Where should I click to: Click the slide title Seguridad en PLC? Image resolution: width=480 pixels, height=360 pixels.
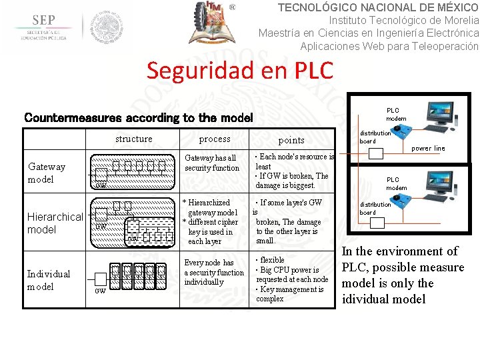[x=239, y=70]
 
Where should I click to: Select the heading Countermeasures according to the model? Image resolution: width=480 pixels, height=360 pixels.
[x=139, y=118]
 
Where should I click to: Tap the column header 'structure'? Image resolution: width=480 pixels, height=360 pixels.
[x=133, y=139]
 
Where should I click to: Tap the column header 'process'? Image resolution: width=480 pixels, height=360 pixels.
[x=215, y=139]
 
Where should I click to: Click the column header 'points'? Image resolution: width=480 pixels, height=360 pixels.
[x=291, y=140]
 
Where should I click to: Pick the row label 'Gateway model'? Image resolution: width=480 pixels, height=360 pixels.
[x=47, y=173]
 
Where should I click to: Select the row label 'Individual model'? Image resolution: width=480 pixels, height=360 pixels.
[x=48, y=280]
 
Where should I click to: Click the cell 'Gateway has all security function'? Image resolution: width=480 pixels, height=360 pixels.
[x=212, y=163]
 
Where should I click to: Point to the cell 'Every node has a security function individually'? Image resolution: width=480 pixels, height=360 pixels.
[x=213, y=272]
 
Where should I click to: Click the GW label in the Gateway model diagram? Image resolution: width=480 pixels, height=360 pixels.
[x=101, y=185]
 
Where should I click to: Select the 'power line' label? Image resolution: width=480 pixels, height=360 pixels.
[x=428, y=149]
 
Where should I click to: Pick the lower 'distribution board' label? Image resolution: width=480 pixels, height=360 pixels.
[x=375, y=208]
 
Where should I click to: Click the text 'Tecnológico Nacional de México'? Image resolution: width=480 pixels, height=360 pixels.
[x=377, y=7]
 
